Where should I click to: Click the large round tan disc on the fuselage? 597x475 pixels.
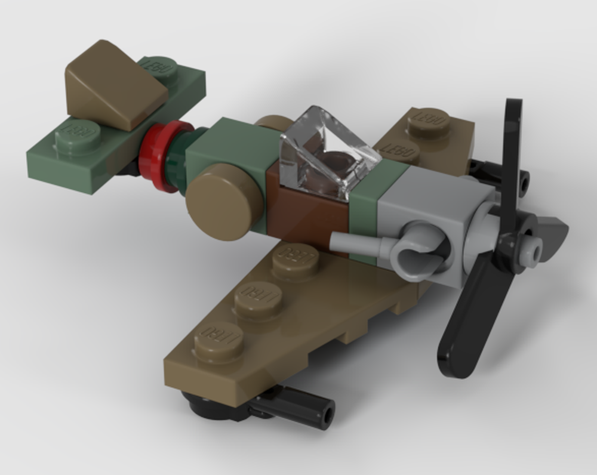(x=224, y=202)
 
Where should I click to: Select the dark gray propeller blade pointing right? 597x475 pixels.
(x=552, y=230)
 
